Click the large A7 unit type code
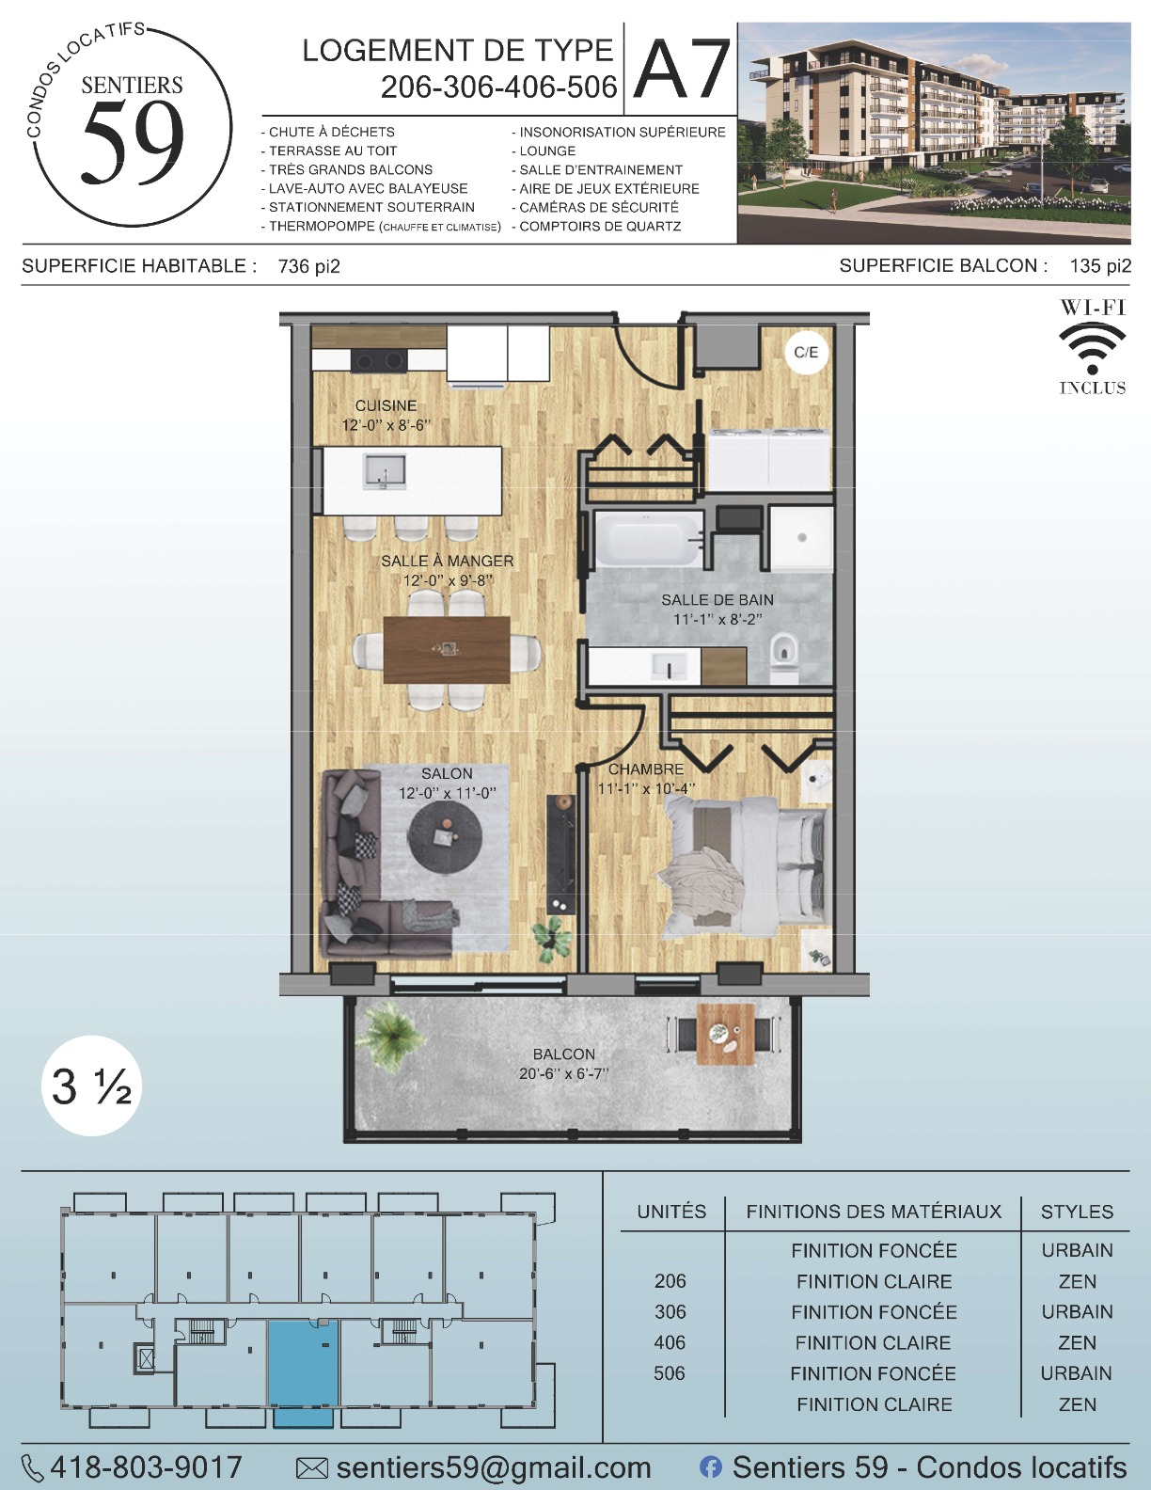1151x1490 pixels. [682, 69]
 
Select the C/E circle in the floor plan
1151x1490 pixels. [806, 353]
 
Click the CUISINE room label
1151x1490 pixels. [386, 405]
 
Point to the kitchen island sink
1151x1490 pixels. [385, 471]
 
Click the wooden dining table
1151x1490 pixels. [447, 650]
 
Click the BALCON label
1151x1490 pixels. [564, 1054]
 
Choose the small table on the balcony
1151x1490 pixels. [725, 1034]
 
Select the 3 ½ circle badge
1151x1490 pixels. [91, 1086]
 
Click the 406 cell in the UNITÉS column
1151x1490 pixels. [670, 1342]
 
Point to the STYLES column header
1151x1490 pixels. [1077, 1212]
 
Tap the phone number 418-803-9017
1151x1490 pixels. [146, 1467]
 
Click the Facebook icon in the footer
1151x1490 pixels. [711, 1467]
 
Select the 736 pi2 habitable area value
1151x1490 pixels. [309, 267]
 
